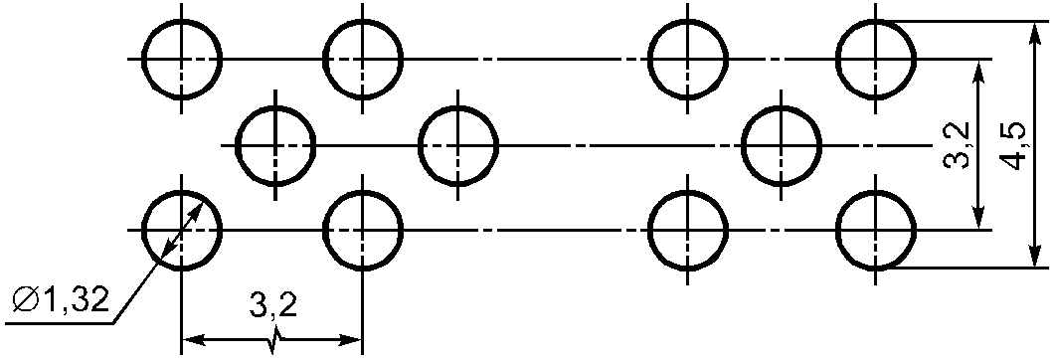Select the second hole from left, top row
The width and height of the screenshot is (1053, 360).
(x=324, y=59)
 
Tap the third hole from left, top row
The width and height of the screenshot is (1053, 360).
(x=650, y=59)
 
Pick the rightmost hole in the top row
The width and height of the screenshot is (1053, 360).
(x=838, y=59)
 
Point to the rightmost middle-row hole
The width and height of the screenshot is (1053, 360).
(x=744, y=145)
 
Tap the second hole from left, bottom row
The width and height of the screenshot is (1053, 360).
(x=324, y=230)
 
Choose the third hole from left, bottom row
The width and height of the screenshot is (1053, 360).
(x=650, y=230)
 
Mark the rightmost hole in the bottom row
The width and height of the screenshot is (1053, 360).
(x=838, y=230)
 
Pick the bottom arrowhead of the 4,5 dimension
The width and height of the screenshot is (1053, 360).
(x=1035, y=256)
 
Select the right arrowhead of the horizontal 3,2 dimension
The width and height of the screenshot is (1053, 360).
(x=350, y=340)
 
